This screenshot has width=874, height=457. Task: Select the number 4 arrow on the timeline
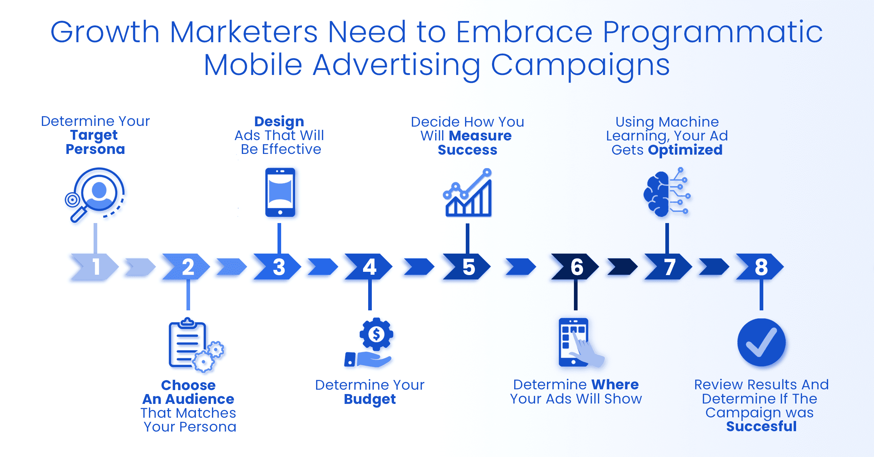click(369, 267)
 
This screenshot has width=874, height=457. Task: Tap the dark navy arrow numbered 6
click(575, 267)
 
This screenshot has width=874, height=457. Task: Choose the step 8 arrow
click(760, 267)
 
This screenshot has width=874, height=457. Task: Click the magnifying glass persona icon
click(95, 195)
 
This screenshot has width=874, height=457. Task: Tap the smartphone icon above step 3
click(280, 192)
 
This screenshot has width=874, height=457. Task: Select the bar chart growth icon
click(468, 192)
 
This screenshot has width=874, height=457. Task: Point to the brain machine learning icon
click(667, 192)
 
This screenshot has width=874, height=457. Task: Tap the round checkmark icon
click(761, 342)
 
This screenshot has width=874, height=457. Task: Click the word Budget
click(370, 400)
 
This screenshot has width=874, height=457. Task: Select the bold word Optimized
click(685, 150)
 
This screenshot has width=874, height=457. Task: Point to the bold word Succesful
click(761, 426)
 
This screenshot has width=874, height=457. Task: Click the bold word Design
click(279, 122)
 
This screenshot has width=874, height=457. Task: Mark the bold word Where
click(615, 385)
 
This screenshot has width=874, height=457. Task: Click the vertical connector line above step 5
click(468, 239)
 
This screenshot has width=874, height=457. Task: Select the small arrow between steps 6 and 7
click(622, 267)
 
